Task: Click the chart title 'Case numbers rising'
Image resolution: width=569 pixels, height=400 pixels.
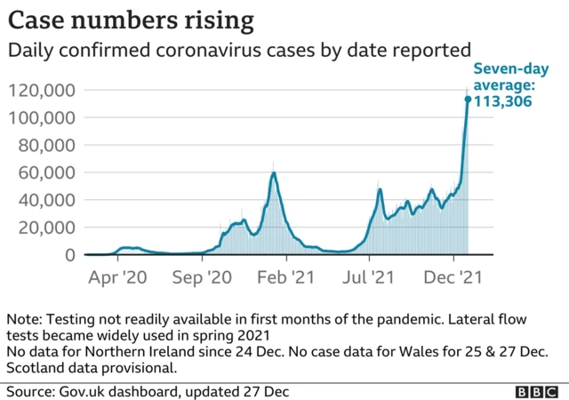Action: click(x=131, y=19)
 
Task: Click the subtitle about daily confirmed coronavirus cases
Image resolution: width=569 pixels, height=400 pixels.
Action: click(x=239, y=51)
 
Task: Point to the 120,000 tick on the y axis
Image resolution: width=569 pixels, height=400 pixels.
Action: click(x=43, y=90)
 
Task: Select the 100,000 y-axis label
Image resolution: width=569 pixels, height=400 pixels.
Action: click(x=43, y=117)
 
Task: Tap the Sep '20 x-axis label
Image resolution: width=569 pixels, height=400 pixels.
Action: click(x=204, y=276)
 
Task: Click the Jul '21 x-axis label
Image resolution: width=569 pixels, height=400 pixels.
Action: click(x=370, y=276)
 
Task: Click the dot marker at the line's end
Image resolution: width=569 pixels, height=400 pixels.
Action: click(x=468, y=99)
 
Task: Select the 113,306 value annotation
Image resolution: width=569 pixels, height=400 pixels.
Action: click(x=502, y=100)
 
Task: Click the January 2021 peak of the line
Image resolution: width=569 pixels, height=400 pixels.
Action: click(x=274, y=173)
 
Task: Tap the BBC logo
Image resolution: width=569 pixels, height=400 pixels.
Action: click(x=537, y=390)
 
